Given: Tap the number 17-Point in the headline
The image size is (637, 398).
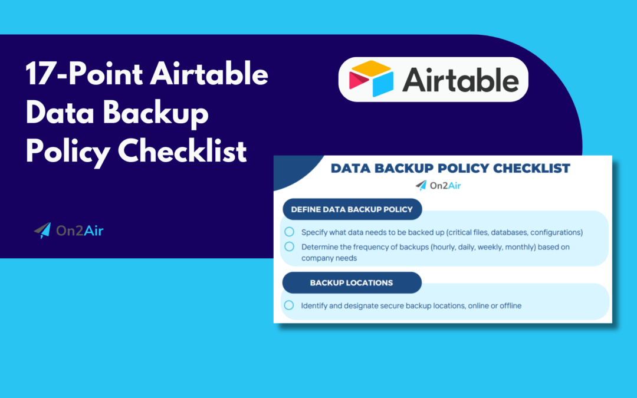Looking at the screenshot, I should tap(80, 75).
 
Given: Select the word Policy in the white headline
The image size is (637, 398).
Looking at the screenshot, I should tap(66, 152).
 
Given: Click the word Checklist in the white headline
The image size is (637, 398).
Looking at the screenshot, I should tap(182, 152).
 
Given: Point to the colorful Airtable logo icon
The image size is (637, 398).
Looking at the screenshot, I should tap(370, 79).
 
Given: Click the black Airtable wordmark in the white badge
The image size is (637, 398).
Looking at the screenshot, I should tap(461, 80).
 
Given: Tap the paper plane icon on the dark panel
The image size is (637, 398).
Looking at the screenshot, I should tap(42, 231).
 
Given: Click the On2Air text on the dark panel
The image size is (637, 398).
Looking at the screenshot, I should tap(80, 231).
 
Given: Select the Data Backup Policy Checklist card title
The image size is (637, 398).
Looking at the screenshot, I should tap(450, 169).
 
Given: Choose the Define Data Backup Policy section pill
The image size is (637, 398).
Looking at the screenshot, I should tap(352, 209).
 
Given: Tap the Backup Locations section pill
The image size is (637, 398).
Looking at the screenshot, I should tap(352, 283).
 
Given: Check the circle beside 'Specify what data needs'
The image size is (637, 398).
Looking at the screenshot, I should tap(289, 232).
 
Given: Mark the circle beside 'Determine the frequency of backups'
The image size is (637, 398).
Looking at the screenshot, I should tap(289, 246).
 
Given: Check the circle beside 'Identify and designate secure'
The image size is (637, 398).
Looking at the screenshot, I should tap(289, 305).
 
